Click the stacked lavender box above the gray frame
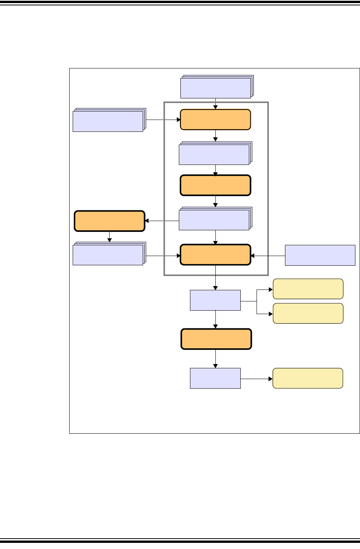click(216, 88)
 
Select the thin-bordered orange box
click(215, 120)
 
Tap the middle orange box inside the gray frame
click(215, 185)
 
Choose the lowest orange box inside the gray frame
click(215, 255)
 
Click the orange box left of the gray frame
click(110, 221)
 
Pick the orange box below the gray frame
click(216, 339)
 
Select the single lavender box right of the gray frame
click(320, 255)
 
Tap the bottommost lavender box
click(215, 378)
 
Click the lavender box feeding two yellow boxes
click(215, 300)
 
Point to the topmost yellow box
click(308, 289)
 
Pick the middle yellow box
click(308, 313)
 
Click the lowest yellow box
click(308, 378)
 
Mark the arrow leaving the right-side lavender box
click(268, 255)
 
